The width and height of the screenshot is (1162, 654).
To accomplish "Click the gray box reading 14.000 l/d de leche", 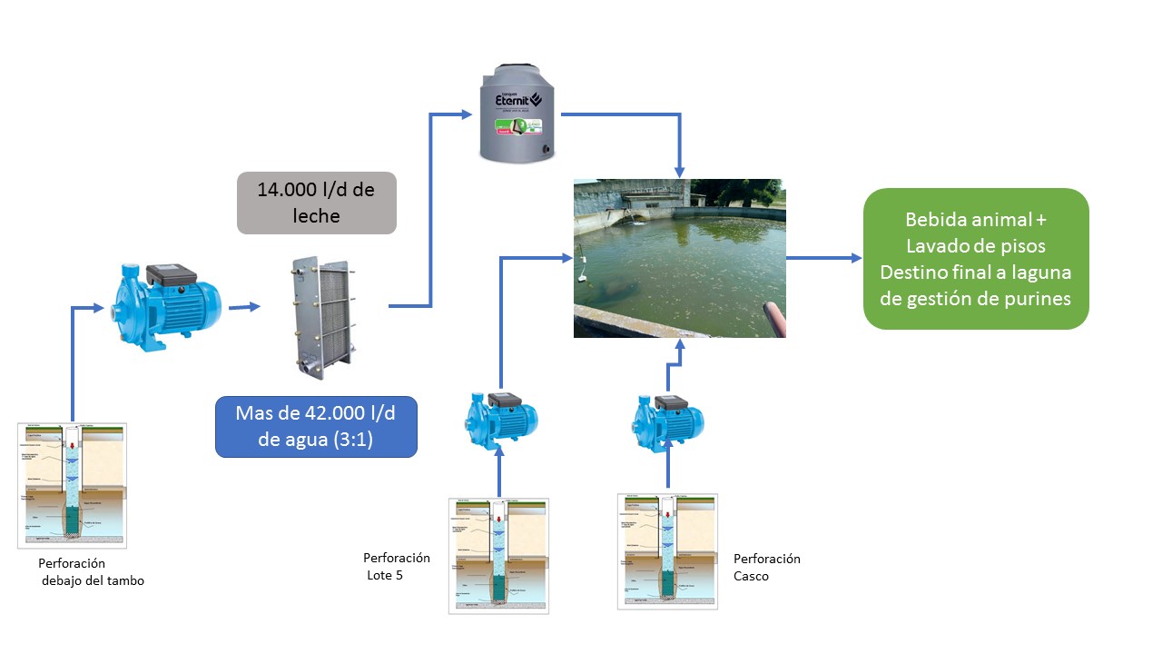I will [316, 203].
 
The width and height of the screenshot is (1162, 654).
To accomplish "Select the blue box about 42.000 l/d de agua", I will [316, 426].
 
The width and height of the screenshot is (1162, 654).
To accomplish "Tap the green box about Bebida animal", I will [975, 258].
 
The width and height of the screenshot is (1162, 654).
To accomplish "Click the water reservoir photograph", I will [679, 258].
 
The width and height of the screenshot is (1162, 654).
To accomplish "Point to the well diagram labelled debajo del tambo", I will [73, 485].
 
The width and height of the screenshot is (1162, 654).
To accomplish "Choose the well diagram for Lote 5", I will [498, 555].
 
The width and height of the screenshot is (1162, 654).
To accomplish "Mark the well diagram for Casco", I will [667, 550].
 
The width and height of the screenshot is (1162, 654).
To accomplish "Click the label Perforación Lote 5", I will [396, 566].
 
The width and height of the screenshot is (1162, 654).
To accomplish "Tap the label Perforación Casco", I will [766, 567].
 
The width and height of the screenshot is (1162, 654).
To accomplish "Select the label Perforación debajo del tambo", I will [91, 572].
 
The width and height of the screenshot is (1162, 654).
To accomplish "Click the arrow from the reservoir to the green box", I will [823, 258].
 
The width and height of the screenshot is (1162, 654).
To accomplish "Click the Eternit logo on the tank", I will [517, 97].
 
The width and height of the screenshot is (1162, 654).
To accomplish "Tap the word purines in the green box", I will [1040, 297].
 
